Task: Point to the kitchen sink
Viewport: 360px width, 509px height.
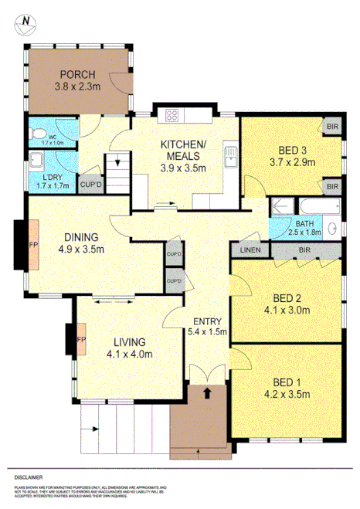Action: (229, 158)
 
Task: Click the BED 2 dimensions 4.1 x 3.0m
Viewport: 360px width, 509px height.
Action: (285, 311)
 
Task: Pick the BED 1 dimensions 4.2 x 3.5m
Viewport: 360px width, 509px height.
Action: (286, 395)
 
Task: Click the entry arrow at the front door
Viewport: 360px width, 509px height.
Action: (208, 392)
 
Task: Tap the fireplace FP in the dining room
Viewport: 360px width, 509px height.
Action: (33, 244)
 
